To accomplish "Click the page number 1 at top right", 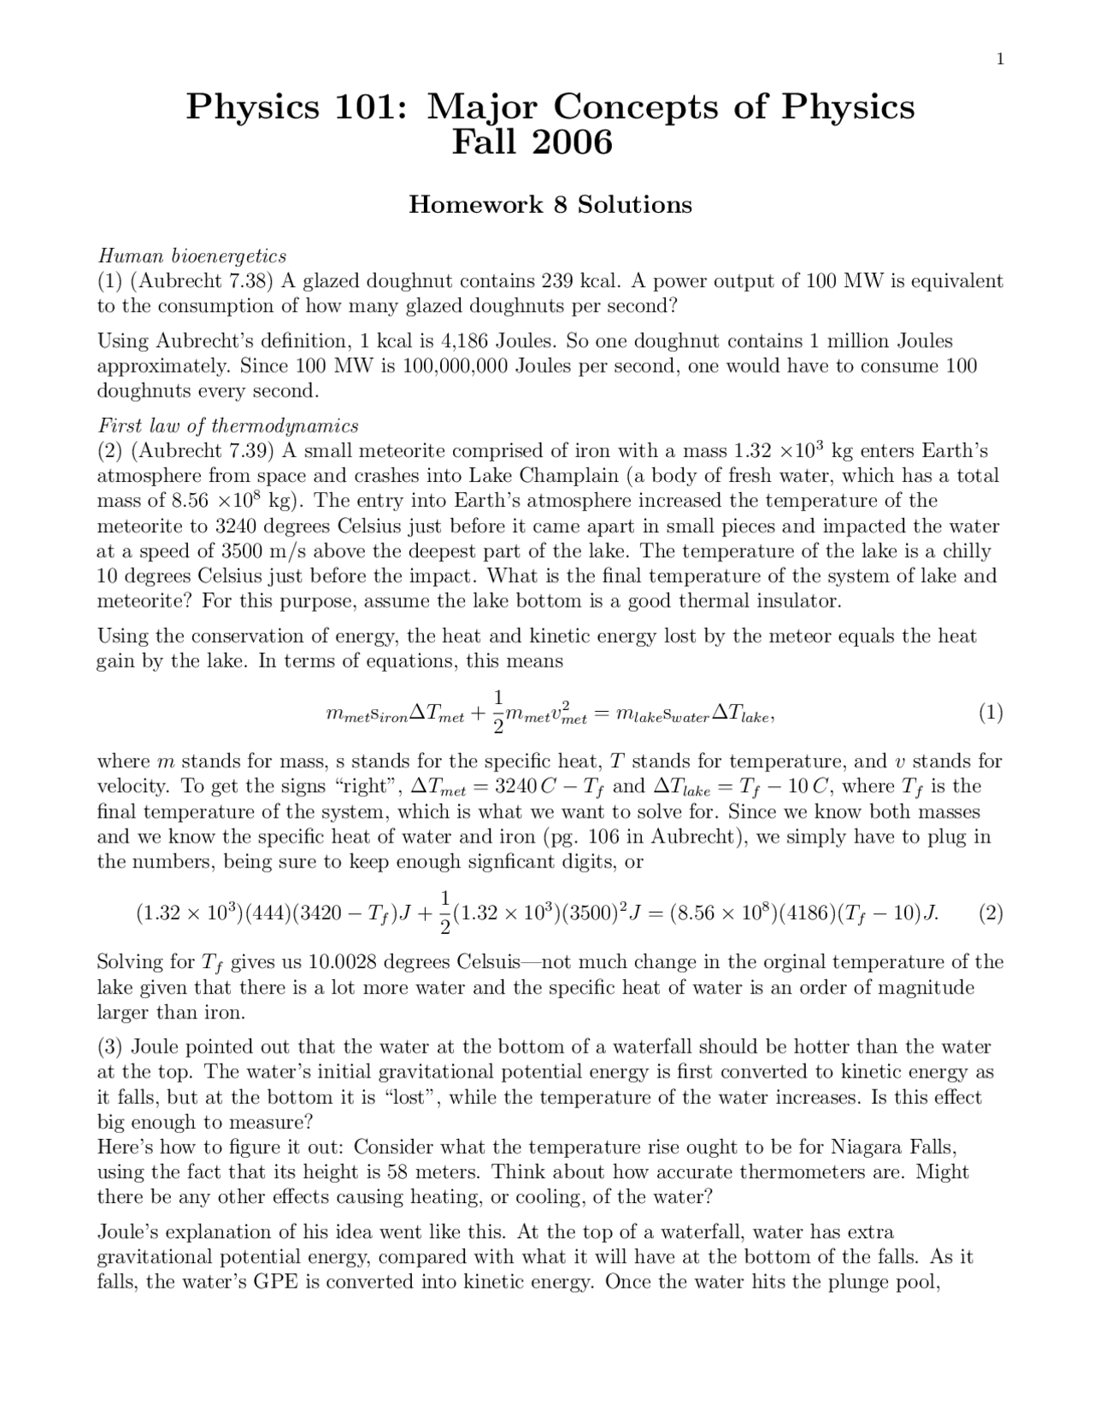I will pos(999,59).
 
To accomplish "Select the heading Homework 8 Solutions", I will pos(550,205).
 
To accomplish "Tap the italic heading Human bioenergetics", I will pos(191,255).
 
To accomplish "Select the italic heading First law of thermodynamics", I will pos(227,426).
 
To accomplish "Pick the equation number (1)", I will pos(990,713).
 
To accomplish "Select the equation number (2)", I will pos(990,913).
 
